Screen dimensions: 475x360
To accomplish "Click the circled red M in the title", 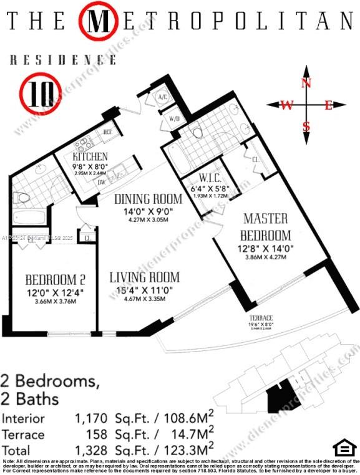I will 99,21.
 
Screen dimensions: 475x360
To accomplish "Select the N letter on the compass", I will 306,83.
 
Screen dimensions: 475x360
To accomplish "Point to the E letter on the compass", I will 328,105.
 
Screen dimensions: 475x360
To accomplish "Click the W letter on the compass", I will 286,105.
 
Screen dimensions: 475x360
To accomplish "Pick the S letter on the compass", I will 306,127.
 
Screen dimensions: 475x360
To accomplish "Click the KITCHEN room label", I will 90,156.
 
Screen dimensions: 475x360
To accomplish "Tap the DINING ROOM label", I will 148,199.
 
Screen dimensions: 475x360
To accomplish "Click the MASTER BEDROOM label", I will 266,227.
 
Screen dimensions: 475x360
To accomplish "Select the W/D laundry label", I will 174,118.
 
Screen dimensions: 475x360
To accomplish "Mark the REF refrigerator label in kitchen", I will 107,132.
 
